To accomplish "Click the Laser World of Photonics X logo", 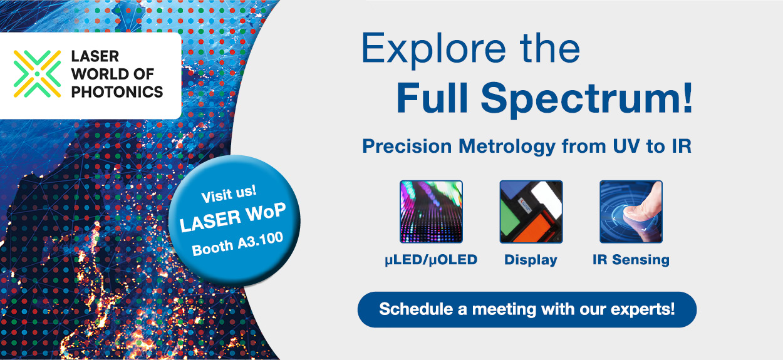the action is click(37, 74).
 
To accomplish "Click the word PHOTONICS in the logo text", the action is click(117, 92).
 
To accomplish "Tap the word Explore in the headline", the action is click(434, 49).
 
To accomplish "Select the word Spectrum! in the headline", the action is click(587, 98).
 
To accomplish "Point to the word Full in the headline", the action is click(432, 98).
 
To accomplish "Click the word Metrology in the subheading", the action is click(507, 147).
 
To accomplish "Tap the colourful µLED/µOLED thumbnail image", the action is click(431, 212).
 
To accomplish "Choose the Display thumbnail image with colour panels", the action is click(531, 212).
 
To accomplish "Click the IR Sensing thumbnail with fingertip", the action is click(631, 212).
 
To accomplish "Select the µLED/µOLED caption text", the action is click(431, 260).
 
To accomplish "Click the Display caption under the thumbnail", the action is click(531, 260).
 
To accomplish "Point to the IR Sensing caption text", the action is click(631, 260).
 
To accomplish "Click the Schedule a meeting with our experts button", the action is click(527, 310).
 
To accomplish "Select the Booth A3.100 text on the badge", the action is click(237, 244).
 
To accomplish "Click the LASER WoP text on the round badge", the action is click(233, 217).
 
